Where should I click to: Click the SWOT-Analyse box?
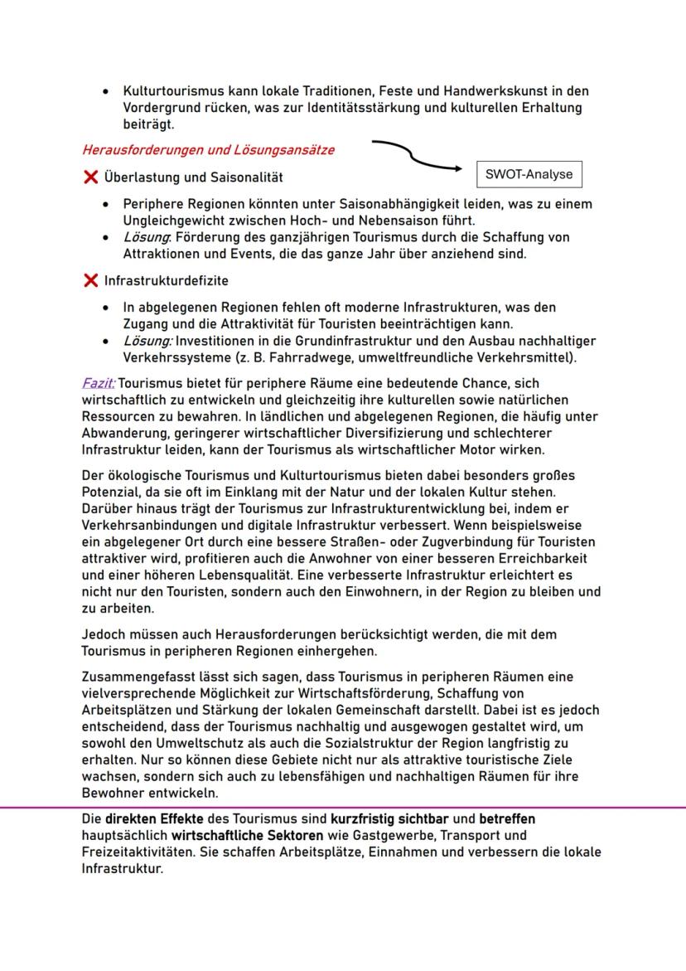(x=529, y=175)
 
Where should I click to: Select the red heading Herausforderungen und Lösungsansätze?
(x=208, y=151)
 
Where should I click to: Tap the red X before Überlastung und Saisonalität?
(x=90, y=177)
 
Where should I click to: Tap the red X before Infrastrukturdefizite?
(x=90, y=281)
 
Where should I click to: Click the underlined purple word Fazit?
(x=99, y=384)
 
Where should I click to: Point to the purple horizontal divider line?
(x=343, y=807)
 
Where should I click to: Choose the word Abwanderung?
(x=125, y=433)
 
